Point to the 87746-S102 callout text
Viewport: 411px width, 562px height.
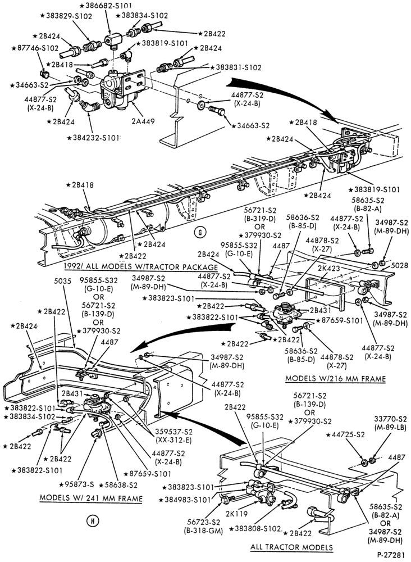(35, 48)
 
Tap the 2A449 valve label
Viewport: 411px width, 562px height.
(143, 121)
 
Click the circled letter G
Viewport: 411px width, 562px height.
(200, 233)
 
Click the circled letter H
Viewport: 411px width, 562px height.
(93, 521)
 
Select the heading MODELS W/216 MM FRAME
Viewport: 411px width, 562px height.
(335, 378)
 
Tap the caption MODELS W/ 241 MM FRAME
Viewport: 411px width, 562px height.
(91, 498)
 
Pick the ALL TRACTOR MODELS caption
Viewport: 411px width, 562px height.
(291, 547)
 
